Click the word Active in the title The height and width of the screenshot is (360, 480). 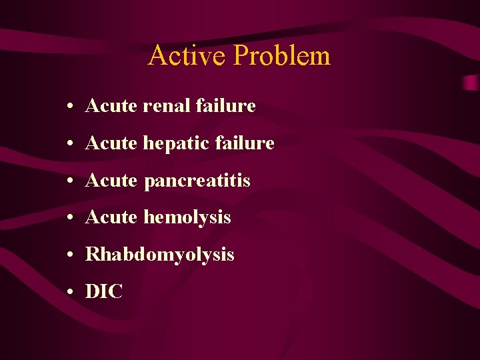click(x=187, y=55)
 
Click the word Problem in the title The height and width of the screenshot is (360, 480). click(x=282, y=57)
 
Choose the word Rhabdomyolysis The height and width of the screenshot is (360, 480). click(x=160, y=255)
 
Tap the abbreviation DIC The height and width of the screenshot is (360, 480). click(x=105, y=291)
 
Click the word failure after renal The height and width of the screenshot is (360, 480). click(x=227, y=105)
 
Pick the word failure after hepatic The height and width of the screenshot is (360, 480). click(x=246, y=143)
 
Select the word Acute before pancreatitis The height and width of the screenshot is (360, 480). click(x=111, y=180)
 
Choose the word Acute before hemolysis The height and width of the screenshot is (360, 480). click(x=111, y=217)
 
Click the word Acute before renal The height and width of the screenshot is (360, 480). click(x=111, y=105)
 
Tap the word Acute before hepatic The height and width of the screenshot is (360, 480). click(x=111, y=143)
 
